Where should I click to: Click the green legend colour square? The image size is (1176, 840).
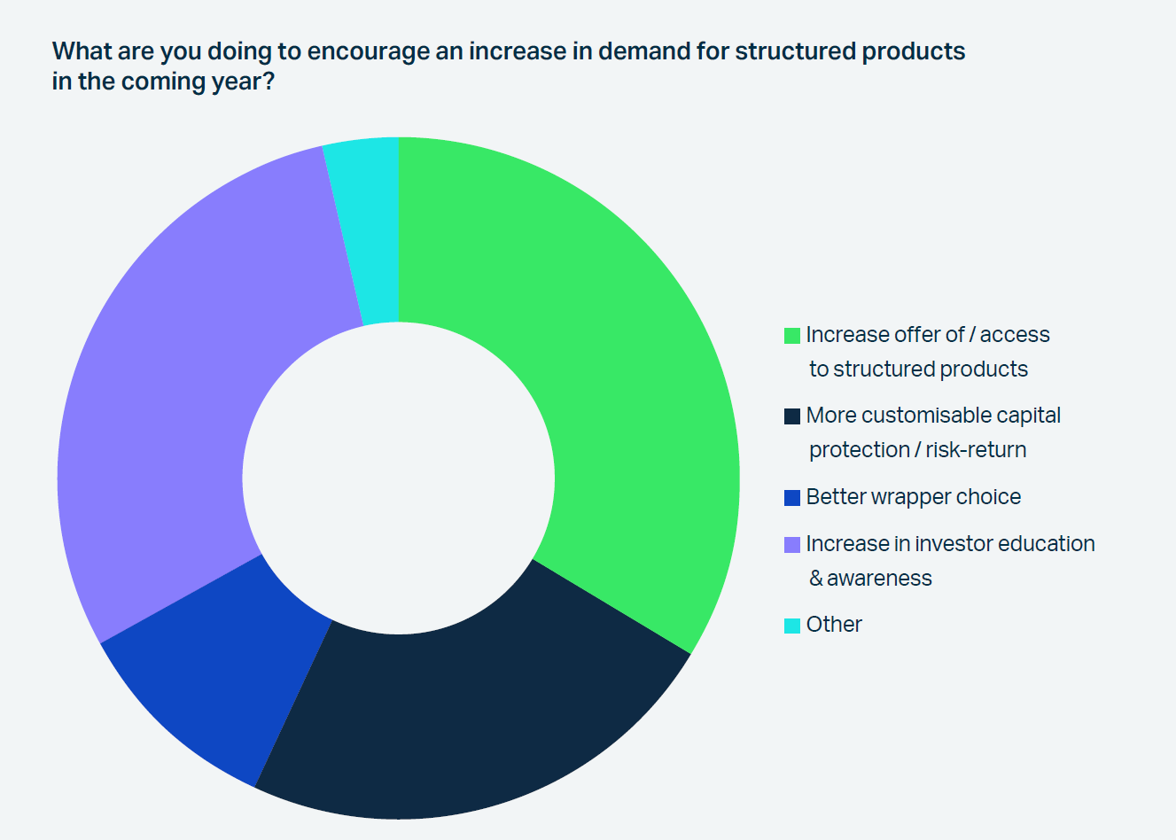click(x=792, y=336)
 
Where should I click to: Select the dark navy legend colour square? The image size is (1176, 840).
click(x=792, y=416)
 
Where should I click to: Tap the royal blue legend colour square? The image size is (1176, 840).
click(x=792, y=498)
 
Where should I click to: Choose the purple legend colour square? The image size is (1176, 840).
click(x=792, y=545)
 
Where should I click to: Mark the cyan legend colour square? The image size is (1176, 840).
click(x=792, y=626)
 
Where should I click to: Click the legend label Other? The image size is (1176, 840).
click(x=834, y=625)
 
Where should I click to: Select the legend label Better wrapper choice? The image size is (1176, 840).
click(x=913, y=497)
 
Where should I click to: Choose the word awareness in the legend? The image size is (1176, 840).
click(x=879, y=579)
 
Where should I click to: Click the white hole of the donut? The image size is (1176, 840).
click(x=398, y=478)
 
